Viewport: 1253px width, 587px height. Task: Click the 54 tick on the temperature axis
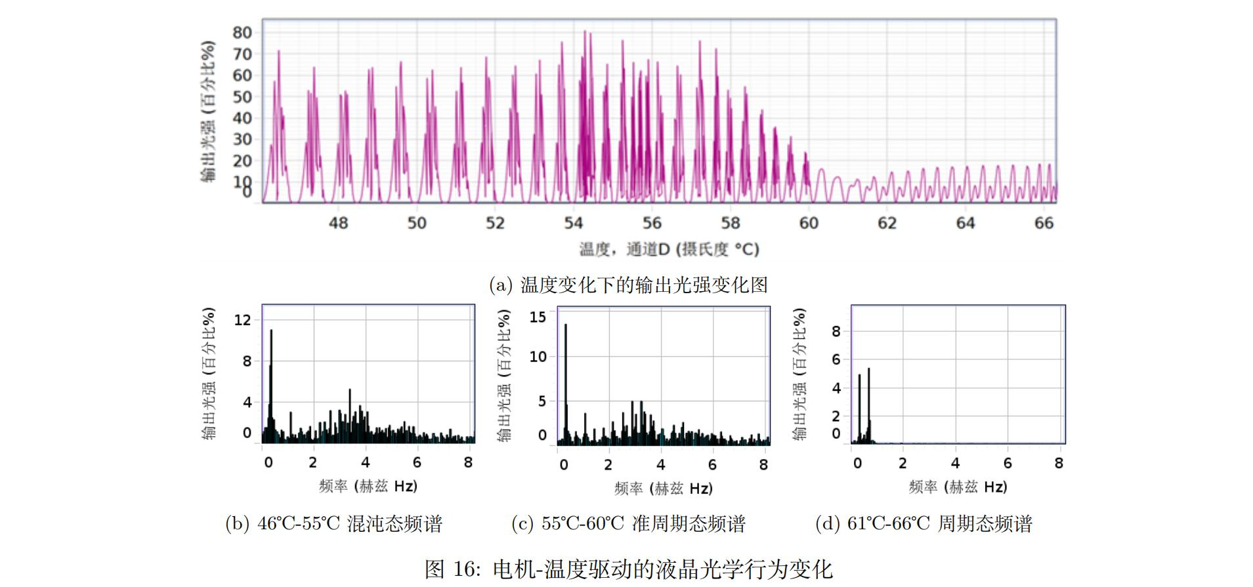point(573,223)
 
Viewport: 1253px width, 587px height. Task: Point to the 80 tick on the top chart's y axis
point(242,32)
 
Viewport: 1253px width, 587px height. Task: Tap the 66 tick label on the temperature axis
point(1044,223)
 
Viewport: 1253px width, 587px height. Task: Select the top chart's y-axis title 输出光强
point(208,111)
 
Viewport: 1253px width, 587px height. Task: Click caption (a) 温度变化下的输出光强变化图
point(628,285)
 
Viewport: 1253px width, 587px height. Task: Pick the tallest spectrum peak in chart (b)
point(271,332)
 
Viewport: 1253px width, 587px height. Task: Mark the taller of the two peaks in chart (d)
point(868,370)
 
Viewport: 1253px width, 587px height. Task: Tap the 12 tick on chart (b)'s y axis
point(242,320)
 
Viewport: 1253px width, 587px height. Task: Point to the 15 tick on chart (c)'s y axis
point(538,317)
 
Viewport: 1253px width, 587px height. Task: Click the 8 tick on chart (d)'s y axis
point(836,331)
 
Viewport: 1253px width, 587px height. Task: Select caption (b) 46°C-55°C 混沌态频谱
point(333,523)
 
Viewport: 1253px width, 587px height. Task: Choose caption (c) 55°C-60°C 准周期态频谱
point(628,523)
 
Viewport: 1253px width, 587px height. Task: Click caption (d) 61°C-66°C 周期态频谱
point(924,523)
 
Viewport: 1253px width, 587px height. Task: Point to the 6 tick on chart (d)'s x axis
point(1008,463)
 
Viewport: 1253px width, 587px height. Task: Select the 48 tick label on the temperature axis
point(338,223)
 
